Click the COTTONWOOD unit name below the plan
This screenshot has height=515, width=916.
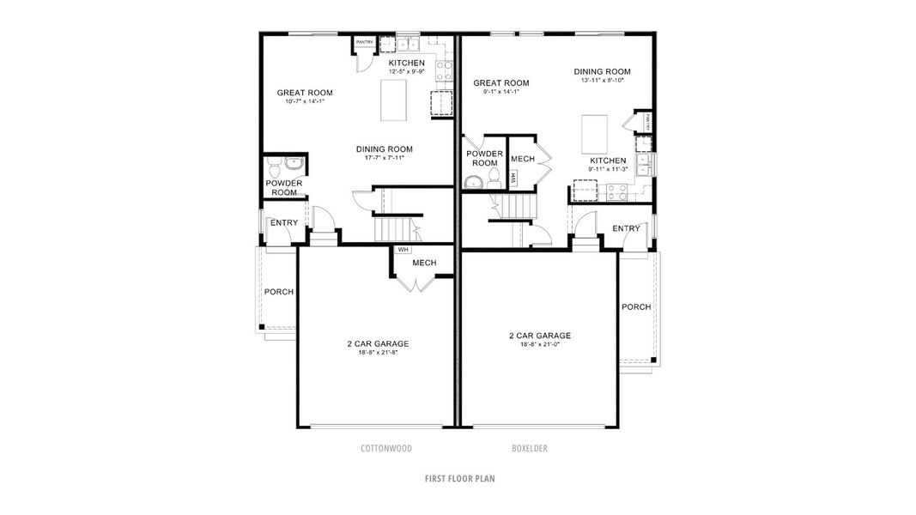(x=386, y=448)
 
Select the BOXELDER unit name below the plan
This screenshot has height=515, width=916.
(x=530, y=448)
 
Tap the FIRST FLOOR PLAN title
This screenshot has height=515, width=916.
(x=458, y=478)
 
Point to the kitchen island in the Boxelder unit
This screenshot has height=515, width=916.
(x=595, y=132)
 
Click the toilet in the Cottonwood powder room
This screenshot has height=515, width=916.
(x=273, y=164)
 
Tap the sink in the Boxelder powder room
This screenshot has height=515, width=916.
(x=473, y=181)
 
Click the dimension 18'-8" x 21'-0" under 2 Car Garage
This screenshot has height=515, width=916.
(x=540, y=345)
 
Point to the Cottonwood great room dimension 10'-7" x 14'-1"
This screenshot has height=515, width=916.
(x=304, y=101)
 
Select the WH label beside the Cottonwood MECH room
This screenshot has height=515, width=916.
(x=402, y=251)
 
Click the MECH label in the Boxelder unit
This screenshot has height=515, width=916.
(x=522, y=160)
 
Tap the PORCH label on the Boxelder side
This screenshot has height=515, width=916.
(x=635, y=307)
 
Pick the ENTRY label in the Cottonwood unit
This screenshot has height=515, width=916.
(x=284, y=223)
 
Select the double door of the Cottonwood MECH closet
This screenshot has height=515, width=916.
(x=414, y=284)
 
